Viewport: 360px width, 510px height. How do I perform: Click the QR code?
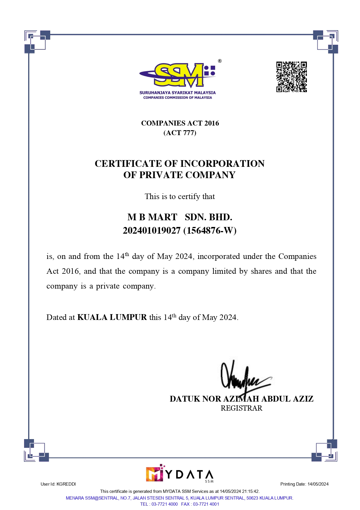(291, 77)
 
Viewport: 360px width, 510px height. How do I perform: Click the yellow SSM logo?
(178, 75)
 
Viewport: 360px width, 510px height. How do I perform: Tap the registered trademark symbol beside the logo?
(220, 61)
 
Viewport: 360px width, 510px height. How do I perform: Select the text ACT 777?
(180, 133)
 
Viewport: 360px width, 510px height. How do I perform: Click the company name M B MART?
(152, 217)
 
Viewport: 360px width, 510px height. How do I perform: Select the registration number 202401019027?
(152, 230)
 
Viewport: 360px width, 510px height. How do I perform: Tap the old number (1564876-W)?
(210, 230)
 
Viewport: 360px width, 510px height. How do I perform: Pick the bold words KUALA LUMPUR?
(112, 317)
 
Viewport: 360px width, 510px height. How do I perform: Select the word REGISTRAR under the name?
(241, 408)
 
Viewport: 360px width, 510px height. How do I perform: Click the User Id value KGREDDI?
(66, 484)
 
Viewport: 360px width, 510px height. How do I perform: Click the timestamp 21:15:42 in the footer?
(251, 491)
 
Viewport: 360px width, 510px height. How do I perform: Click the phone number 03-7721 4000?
(165, 504)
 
